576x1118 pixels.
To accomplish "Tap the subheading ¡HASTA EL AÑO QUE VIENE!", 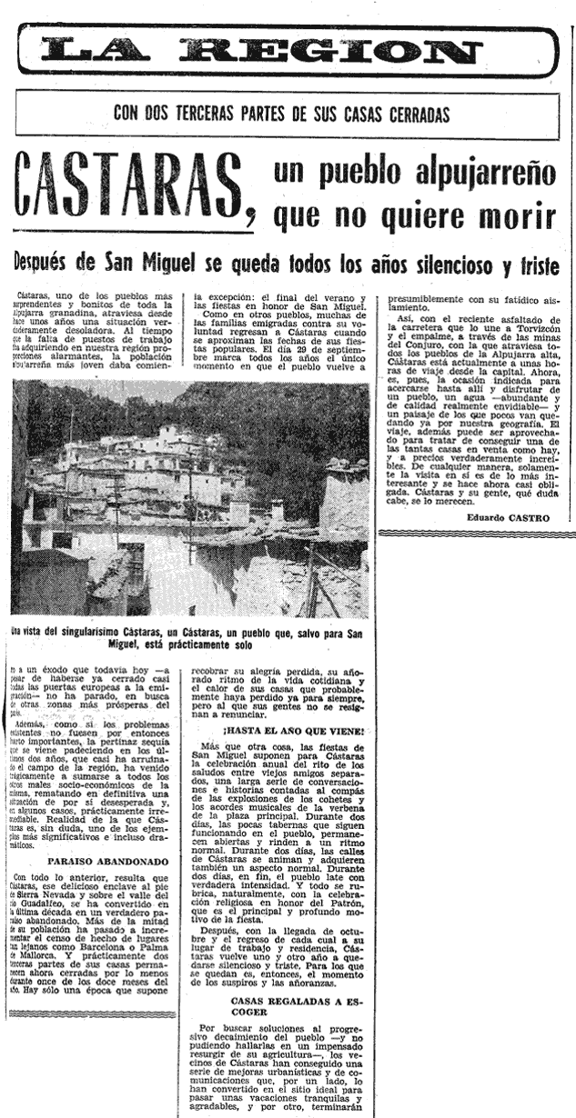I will click(x=281, y=731).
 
